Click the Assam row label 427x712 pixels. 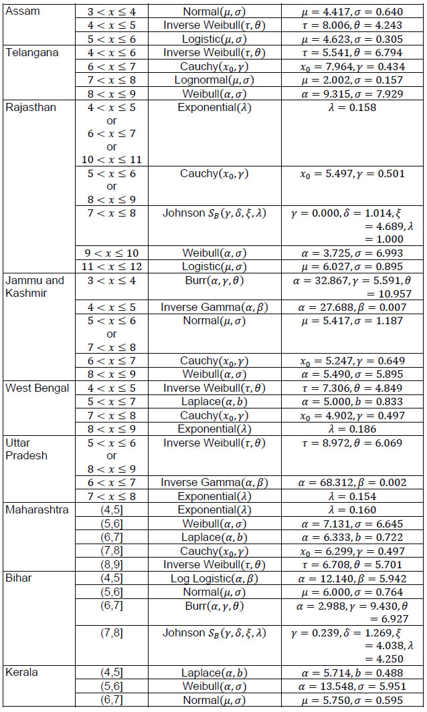click(x=23, y=11)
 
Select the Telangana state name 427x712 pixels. click(x=31, y=52)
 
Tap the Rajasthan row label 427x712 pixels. click(x=31, y=107)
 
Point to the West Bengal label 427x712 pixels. click(x=37, y=388)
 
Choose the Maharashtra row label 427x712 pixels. click(x=36, y=510)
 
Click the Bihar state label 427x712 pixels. click(x=19, y=578)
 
